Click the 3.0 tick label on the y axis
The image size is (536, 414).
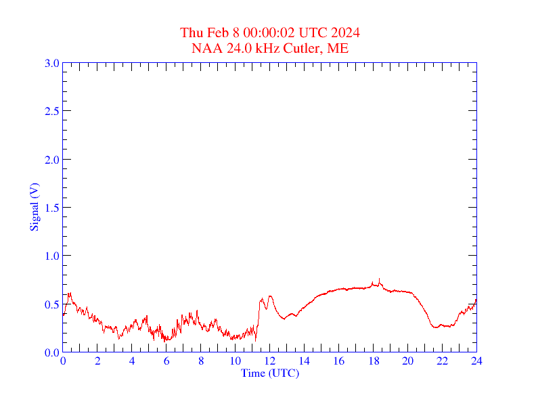pyautogui.click(x=52, y=63)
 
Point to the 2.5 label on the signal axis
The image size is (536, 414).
pyautogui.click(x=52, y=111)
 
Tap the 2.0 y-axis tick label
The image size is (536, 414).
pyautogui.click(x=52, y=160)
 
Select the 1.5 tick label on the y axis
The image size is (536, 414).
pyautogui.click(x=52, y=208)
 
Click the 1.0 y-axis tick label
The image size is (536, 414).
pyautogui.click(x=52, y=256)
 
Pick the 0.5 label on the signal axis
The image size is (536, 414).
pyautogui.click(x=52, y=304)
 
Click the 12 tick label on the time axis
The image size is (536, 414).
pyautogui.click(x=270, y=361)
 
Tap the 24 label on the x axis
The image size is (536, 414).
pyautogui.click(x=476, y=361)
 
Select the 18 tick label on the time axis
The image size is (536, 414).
pyautogui.click(x=373, y=361)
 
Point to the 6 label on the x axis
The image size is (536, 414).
pyautogui.click(x=166, y=361)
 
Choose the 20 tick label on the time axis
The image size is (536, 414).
pyautogui.click(x=407, y=361)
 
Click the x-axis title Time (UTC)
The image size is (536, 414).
pyautogui.click(x=270, y=373)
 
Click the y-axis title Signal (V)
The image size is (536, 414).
pyautogui.click(x=34, y=208)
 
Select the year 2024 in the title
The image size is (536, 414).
pyautogui.click(x=345, y=32)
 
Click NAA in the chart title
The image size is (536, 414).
pyautogui.click(x=204, y=48)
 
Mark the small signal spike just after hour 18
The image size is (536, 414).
pyautogui.click(x=380, y=279)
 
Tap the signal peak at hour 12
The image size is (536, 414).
pyautogui.click(x=270, y=296)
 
